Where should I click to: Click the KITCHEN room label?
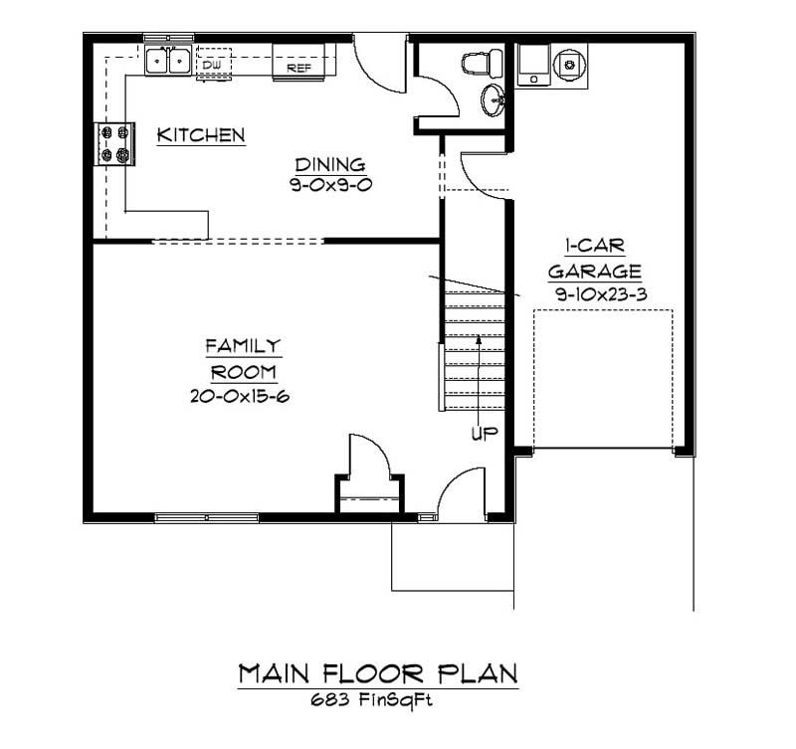(201, 134)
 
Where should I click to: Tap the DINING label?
(329, 164)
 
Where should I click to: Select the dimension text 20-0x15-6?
(245, 395)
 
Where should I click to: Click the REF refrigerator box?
(301, 68)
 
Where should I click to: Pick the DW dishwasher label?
(212, 66)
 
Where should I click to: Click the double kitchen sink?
(167, 62)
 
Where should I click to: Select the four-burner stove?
(113, 143)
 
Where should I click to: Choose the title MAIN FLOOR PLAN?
(377, 673)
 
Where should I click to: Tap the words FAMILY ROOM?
(244, 358)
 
